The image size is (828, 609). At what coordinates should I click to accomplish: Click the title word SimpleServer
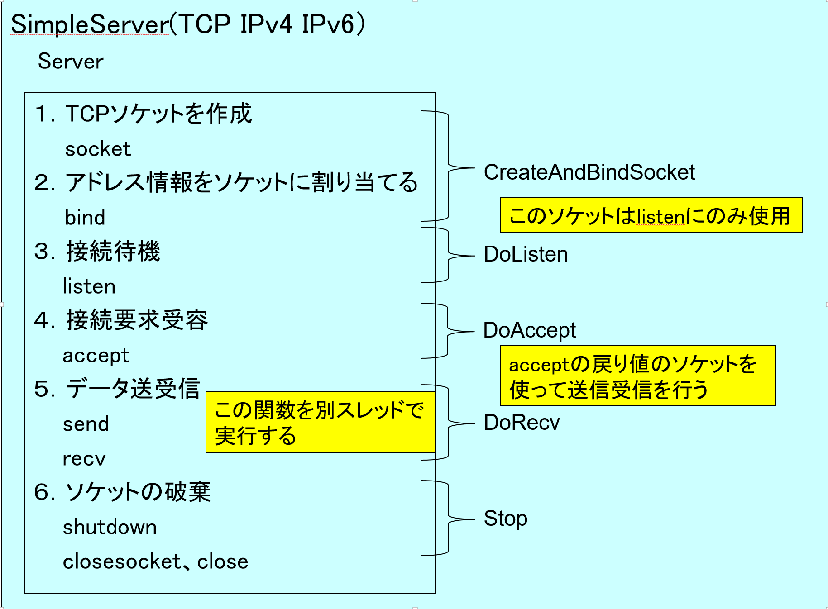[x=90, y=25]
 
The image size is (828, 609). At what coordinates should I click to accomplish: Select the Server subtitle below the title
[x=71, y=62]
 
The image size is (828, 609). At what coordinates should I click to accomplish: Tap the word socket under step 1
[x=98, y=149]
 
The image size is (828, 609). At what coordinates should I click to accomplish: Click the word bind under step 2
[x=85, y=217]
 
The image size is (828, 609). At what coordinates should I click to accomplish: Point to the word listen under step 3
[x=89, y=286]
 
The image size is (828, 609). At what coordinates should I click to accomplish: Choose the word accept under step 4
[x=96, y=356]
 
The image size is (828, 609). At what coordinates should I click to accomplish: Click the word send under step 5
[x=86, y=424]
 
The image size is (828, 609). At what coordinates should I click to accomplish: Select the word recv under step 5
[x=84, y=459]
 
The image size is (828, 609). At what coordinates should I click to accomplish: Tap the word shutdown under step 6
[x=110, y=527]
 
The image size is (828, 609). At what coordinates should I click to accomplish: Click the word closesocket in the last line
[x=122, y=561]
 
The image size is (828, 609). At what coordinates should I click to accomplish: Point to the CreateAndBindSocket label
[x=589, y=172]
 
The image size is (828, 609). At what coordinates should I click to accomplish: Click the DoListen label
[x=526, y=254]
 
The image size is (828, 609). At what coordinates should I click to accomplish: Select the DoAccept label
[x=530, y=331]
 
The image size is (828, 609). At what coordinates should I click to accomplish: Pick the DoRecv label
[x=522, y=423]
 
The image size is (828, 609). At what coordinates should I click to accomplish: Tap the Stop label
[x=505, y=519]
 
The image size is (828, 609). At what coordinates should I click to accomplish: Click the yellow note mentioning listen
[x=651, y=215]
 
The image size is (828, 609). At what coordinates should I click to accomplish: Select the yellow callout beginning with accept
[x=638, y=376]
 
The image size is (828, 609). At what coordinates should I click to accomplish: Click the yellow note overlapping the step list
[x=320, y=422]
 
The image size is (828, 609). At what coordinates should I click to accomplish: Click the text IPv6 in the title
[x=328, y=24]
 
